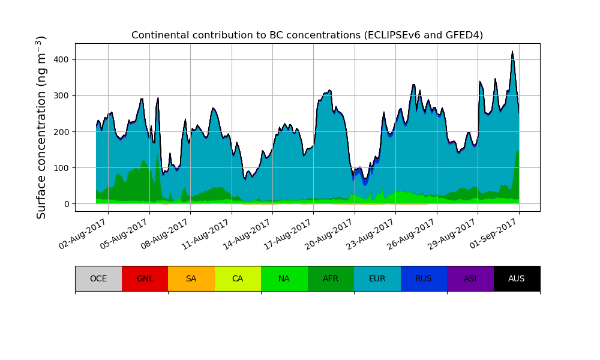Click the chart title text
(x=307, y=35)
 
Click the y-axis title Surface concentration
(x=41, y=127)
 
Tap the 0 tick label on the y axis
(x=67, y=204)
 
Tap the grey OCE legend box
(x=98, y=278)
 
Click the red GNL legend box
(x=145, y=278)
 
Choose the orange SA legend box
(x=191, y=278)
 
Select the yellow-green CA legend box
(x=238, y=278)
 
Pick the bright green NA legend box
(x=284, y=278)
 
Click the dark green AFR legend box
(x=331, y=278)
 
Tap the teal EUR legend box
(x=377, y=278)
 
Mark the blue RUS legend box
(x=424, y=278)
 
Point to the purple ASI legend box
(x=470, y=278)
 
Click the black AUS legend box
(x=517, y=278)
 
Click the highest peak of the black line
(x=512, y=52)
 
